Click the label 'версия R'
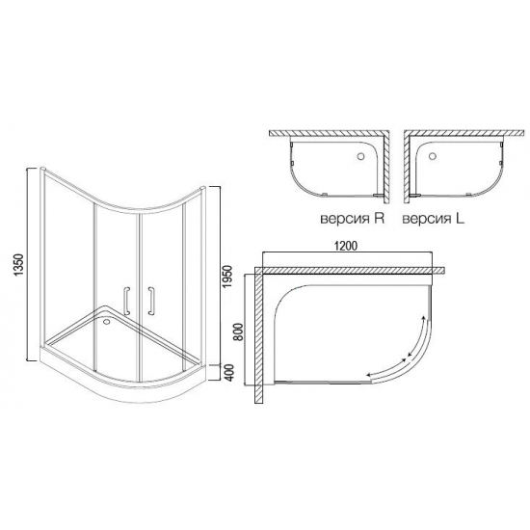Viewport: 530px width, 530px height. click(351, 219)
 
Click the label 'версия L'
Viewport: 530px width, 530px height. click(433, 219)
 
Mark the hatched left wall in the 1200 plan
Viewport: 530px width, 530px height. click(257, 337)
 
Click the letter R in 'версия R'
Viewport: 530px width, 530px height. click(380, 219)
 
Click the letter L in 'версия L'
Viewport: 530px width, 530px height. click(460, 219)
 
